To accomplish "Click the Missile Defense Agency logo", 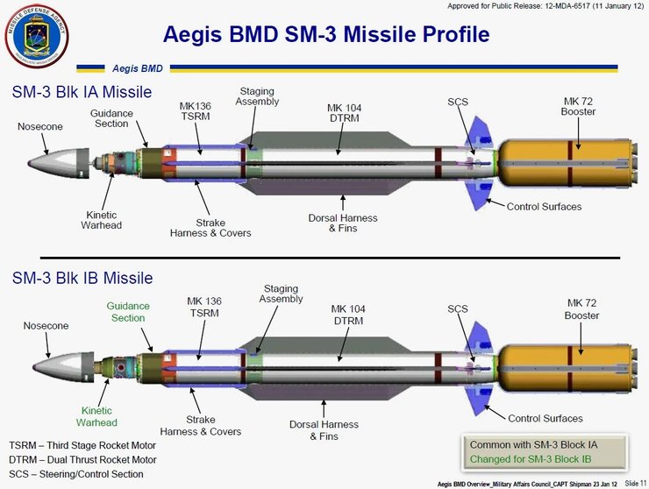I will click(37, 36).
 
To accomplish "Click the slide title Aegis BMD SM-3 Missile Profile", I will click(326, 35).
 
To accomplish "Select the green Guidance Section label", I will click(128, 312).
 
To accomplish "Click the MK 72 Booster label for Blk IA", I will click(578, 107).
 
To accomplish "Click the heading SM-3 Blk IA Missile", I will click(82, 92).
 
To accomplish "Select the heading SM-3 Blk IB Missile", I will click(82, 278).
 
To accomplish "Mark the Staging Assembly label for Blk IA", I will click(257, 96).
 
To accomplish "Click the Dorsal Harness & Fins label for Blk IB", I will click(324, 430).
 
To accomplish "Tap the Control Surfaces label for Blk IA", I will click(544, 207).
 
